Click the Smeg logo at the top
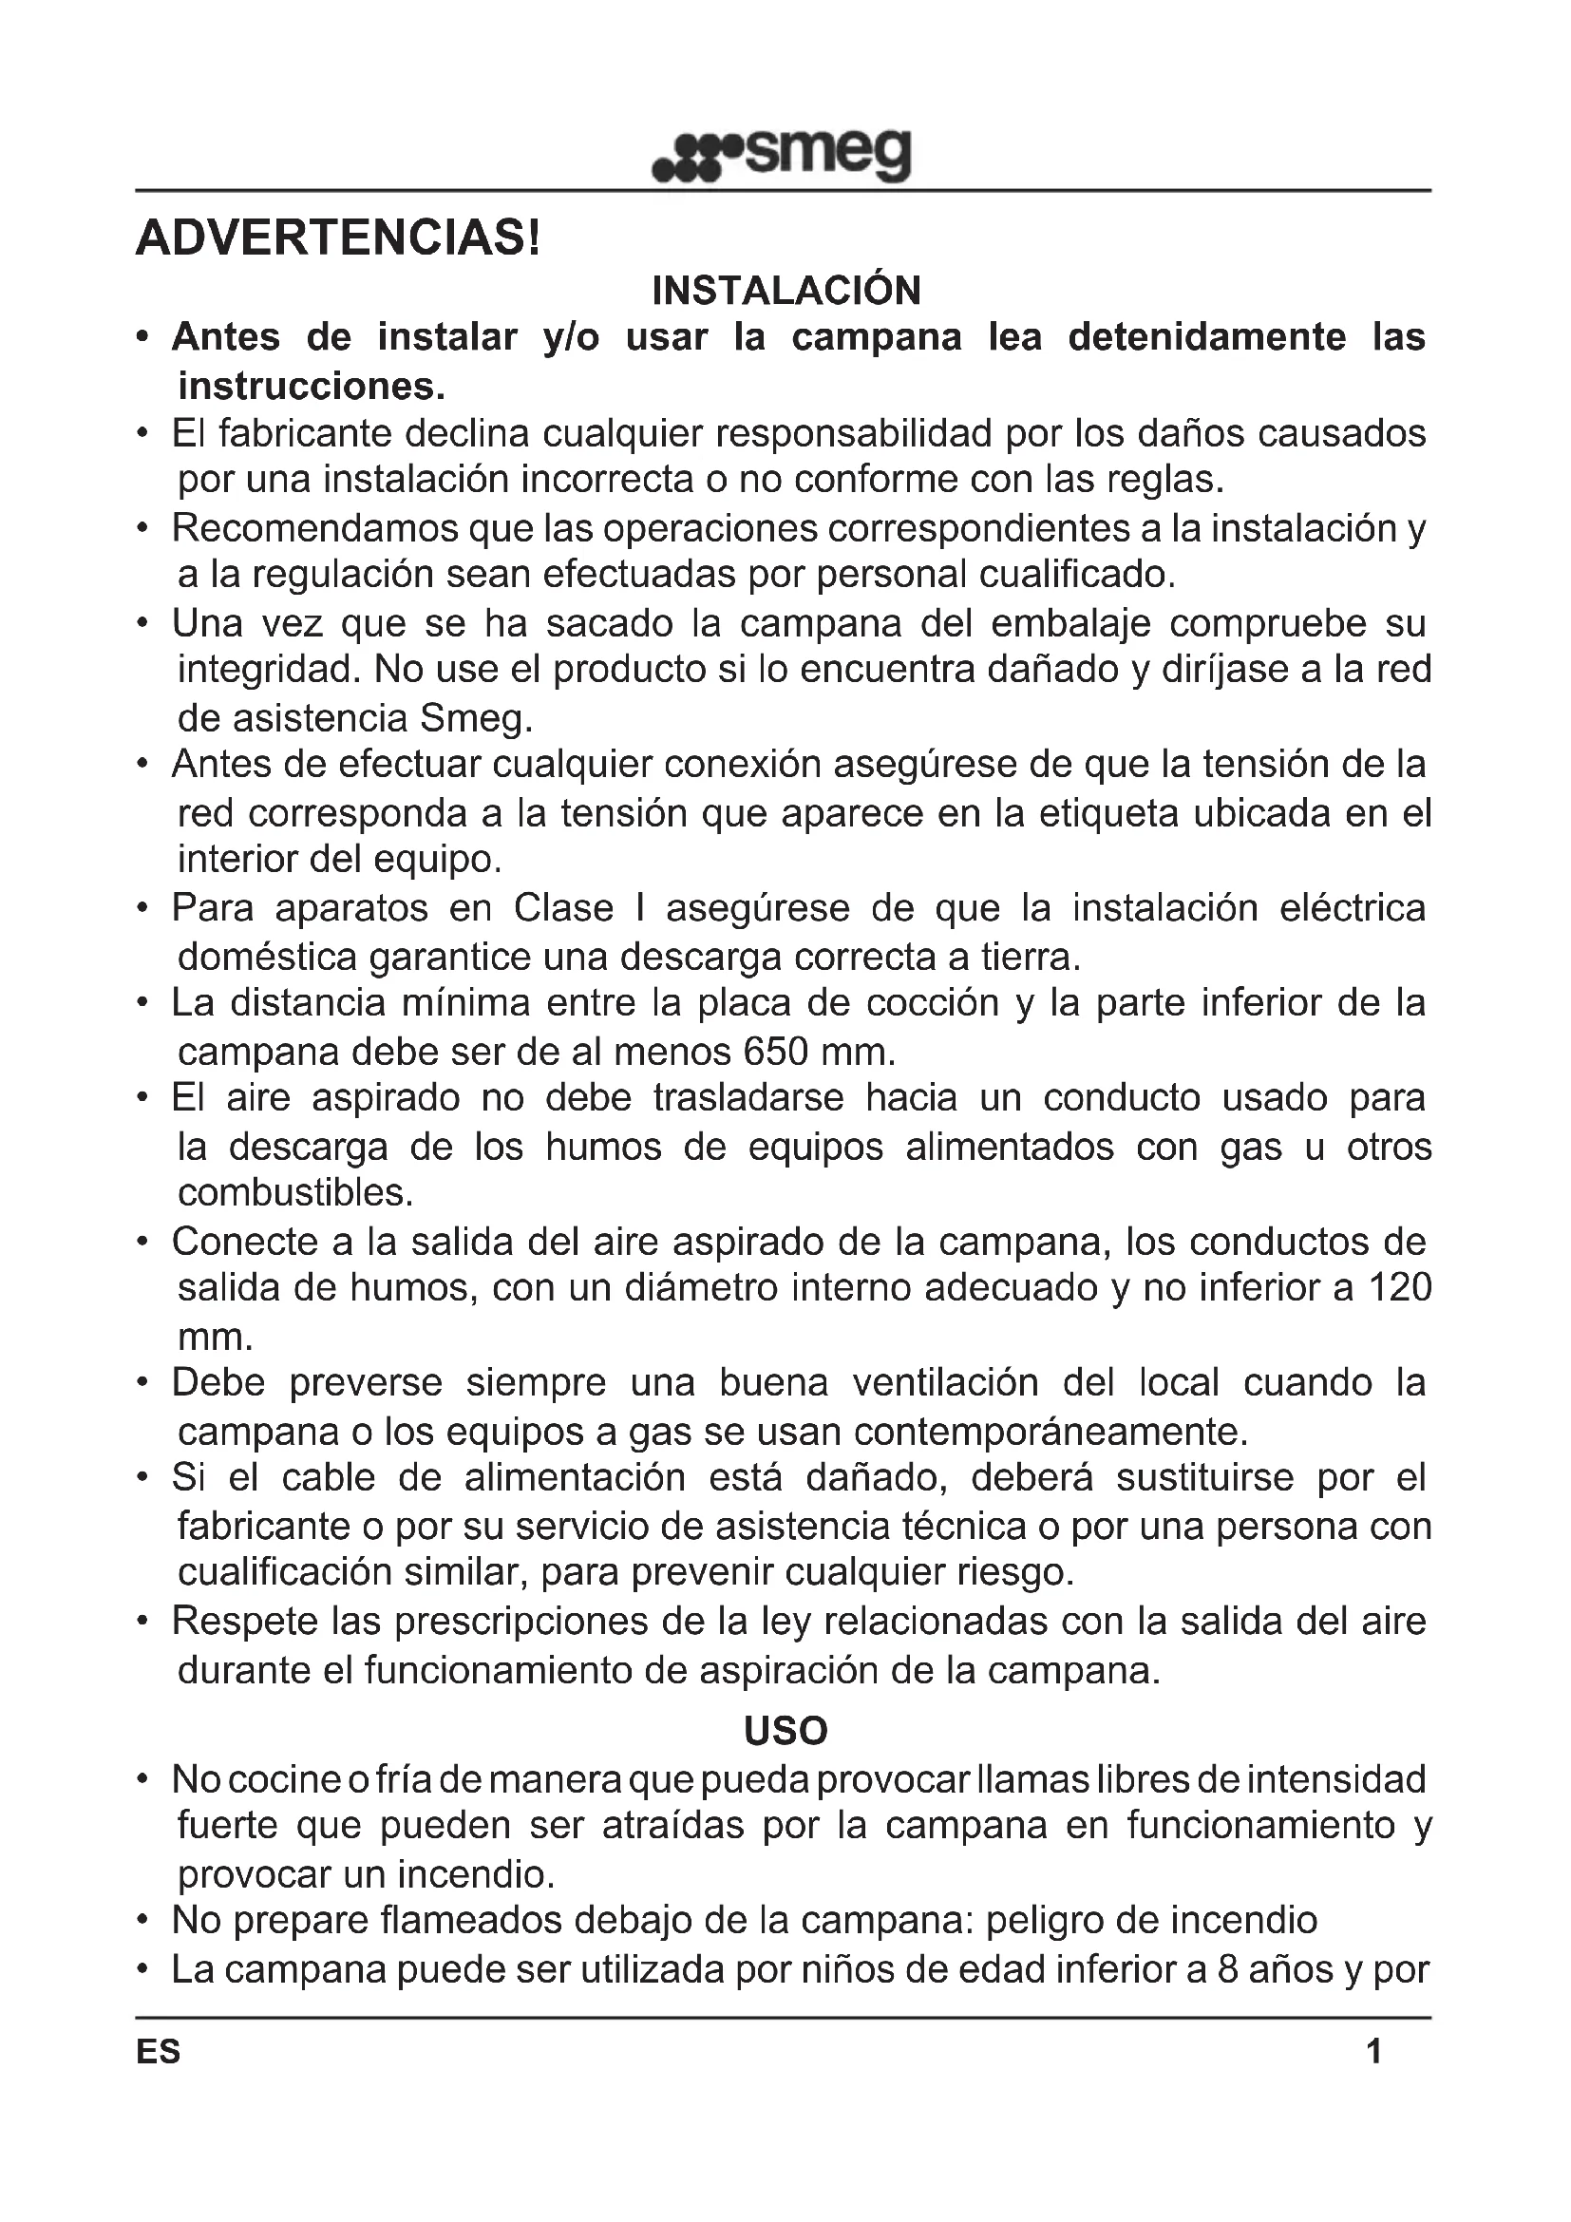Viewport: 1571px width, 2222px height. [783, 155]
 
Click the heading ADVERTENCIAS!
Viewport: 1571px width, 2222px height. [337, 238]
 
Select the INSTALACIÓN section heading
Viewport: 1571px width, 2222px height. [785, 291]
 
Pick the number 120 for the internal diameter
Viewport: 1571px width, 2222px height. [1399, 1288]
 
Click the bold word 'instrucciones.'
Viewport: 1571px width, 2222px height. [312, 386]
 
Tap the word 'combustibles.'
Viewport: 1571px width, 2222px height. [295, 1192]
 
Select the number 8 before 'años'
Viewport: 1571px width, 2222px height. [1227, 1968]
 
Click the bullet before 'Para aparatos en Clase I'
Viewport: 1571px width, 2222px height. [143, 909]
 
